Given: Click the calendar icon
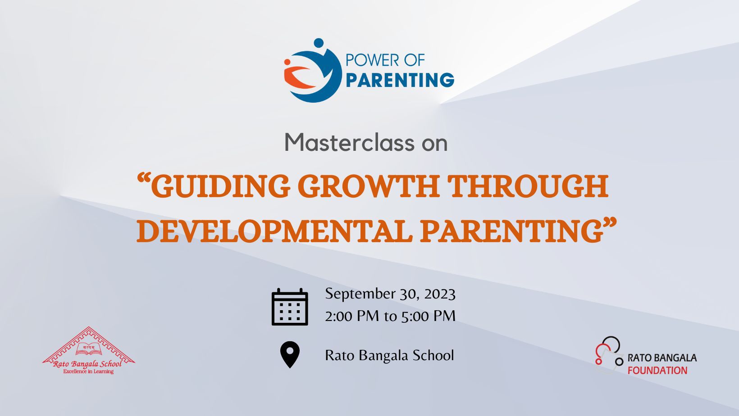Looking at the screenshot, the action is (x=290, y=307).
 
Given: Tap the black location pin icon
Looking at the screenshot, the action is (x=290, y=354).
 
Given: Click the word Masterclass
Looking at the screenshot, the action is (x=349, y=142).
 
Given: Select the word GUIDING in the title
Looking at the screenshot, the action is (x=217, y=186).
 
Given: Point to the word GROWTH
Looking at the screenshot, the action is (x=368, y=186).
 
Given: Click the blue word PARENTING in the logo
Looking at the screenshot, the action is (x=400, y=80).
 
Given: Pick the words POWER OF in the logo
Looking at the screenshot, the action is (x=385, y=60).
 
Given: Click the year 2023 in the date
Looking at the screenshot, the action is (x=440, y=294).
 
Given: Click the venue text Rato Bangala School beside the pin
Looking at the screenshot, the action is (x=390, y=355).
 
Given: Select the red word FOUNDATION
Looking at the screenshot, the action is (x=657, y=371).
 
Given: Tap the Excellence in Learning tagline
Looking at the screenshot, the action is (x=88, y=371).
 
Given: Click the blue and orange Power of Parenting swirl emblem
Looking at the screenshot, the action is (x=312, y=71).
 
